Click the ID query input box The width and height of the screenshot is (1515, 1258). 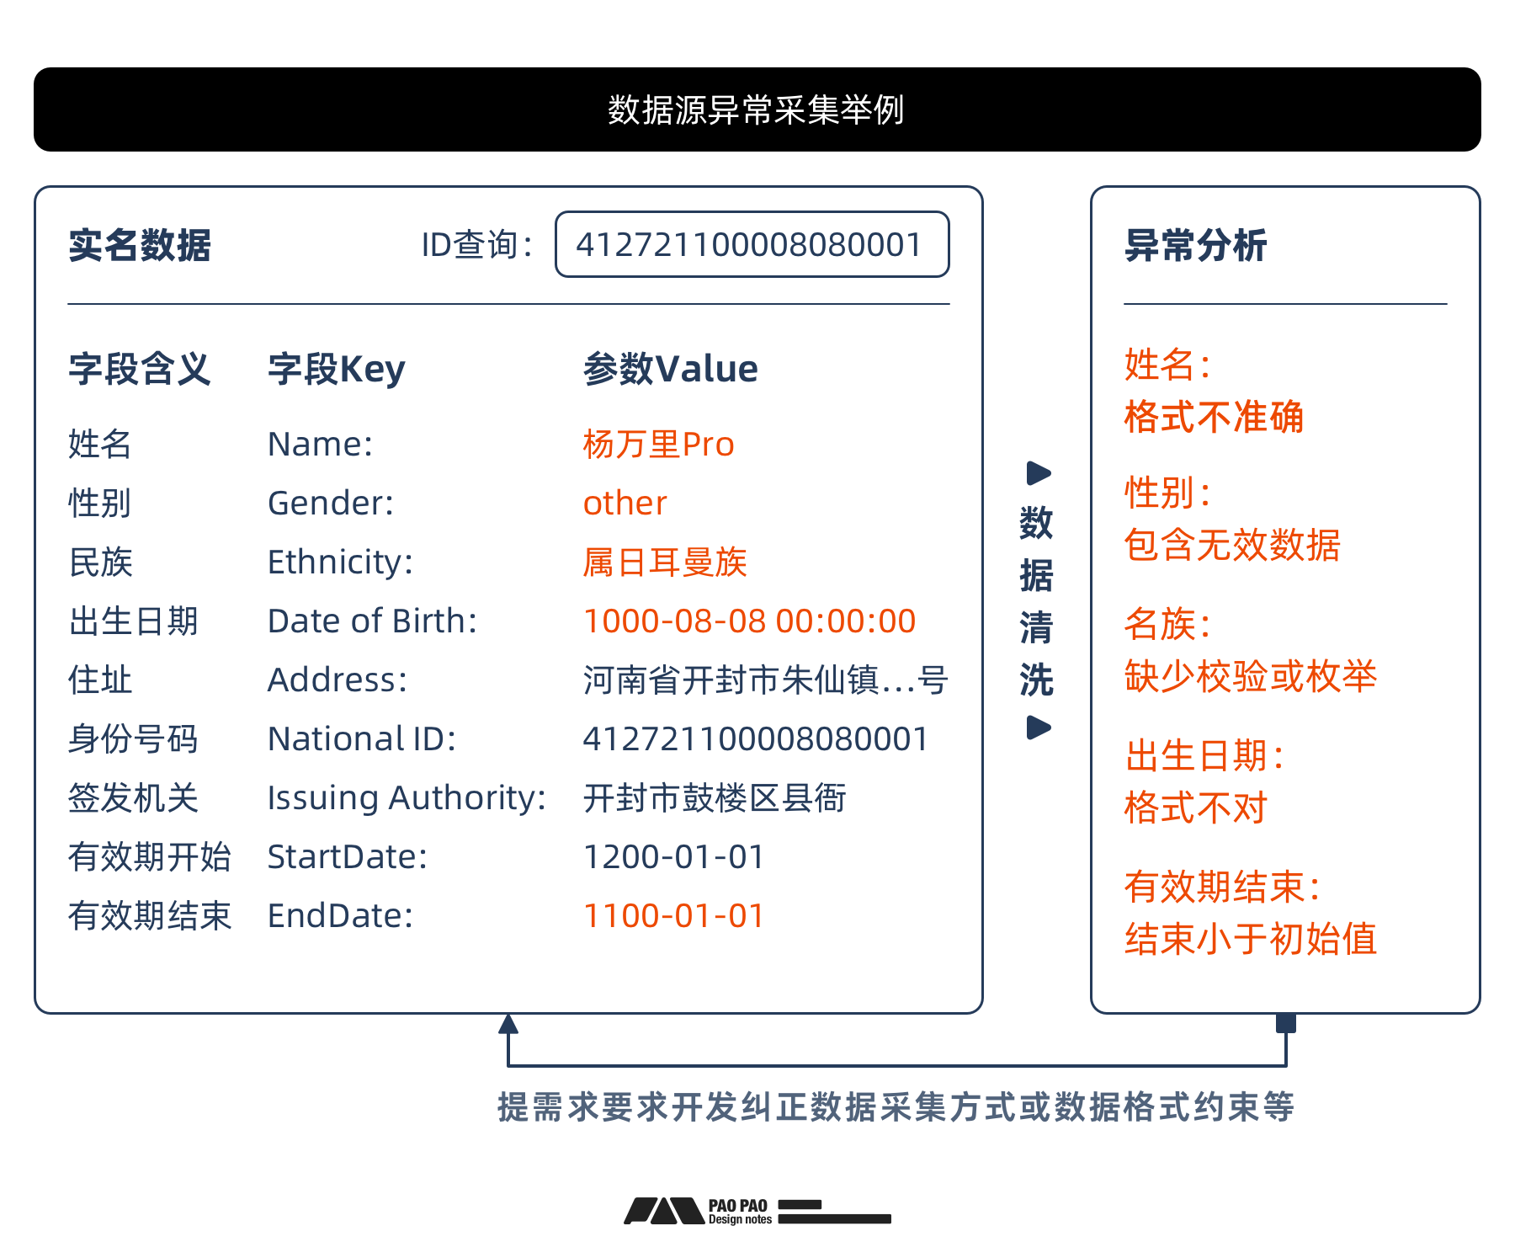pyautogui.click(x=752, y=244)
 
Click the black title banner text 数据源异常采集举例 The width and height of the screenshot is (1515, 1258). pyautogui.click(x=756, y=109)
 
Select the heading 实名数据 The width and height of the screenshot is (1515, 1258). pyautogui.click(x=140, y=245)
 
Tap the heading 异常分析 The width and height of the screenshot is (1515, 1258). pyautogui.click(x=1195, y=245)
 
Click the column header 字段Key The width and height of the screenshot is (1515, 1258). pyautogui.click(x=336, y=369)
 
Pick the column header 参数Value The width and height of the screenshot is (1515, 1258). pyautogui.click(x=670, y=369)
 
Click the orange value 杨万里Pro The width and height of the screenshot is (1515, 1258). pyautogui.click(x=658, y=444)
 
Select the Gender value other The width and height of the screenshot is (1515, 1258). pyautogui.click(x=625, y=503)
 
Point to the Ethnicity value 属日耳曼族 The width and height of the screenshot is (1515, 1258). pyautogui.click(x=665, y=562)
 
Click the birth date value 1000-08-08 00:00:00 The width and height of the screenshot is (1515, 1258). pyautogui.click(x=749, y=621)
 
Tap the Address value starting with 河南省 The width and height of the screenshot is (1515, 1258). pyautogui.click(x=765, y=680)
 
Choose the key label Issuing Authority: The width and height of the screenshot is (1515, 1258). pyautogui.click(x=407, y=797)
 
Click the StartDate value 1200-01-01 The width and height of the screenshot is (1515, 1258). pyautogui.click(x=673, y=856)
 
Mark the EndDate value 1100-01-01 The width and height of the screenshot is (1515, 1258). pyautogui.click(x=673, y=915)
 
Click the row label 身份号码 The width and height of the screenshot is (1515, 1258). pyautogui.click(x=133, y=738)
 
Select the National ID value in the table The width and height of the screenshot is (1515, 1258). pyautogui.click(x=755, y=738)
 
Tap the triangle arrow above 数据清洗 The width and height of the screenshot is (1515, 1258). pyautogui.click(x=1039, y=473)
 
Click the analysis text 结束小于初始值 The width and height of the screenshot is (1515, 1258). pyautogui.click(x=1250, y=938)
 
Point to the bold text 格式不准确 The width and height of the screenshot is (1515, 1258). pyautogui.click(x=1213, y=417)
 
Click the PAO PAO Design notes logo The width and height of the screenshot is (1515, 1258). pyautogui.click(x=757, y=1212)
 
